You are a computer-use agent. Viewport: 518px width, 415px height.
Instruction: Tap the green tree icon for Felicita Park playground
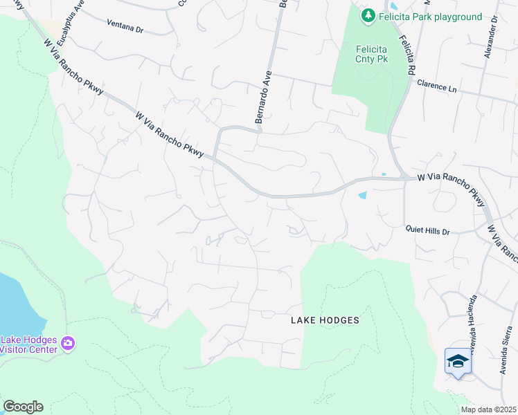[368, 15]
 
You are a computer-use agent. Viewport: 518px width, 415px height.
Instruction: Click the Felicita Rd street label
[405, 56]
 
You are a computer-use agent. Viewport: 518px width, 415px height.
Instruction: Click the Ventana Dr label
[125, 30]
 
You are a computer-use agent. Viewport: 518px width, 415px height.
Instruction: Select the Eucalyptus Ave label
[61, 24]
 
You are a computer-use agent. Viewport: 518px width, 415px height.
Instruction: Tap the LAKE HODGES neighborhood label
[325, 320]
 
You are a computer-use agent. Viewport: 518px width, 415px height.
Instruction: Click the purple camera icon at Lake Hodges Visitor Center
[68, 342]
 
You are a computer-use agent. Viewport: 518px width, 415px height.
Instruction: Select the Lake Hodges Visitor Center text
[29, 344]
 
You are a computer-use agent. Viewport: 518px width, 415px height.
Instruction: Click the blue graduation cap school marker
[457, 361]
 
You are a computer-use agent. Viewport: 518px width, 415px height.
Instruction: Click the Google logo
[23, 407]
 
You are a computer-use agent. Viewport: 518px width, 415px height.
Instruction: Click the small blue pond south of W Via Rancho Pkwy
[362, 195]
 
